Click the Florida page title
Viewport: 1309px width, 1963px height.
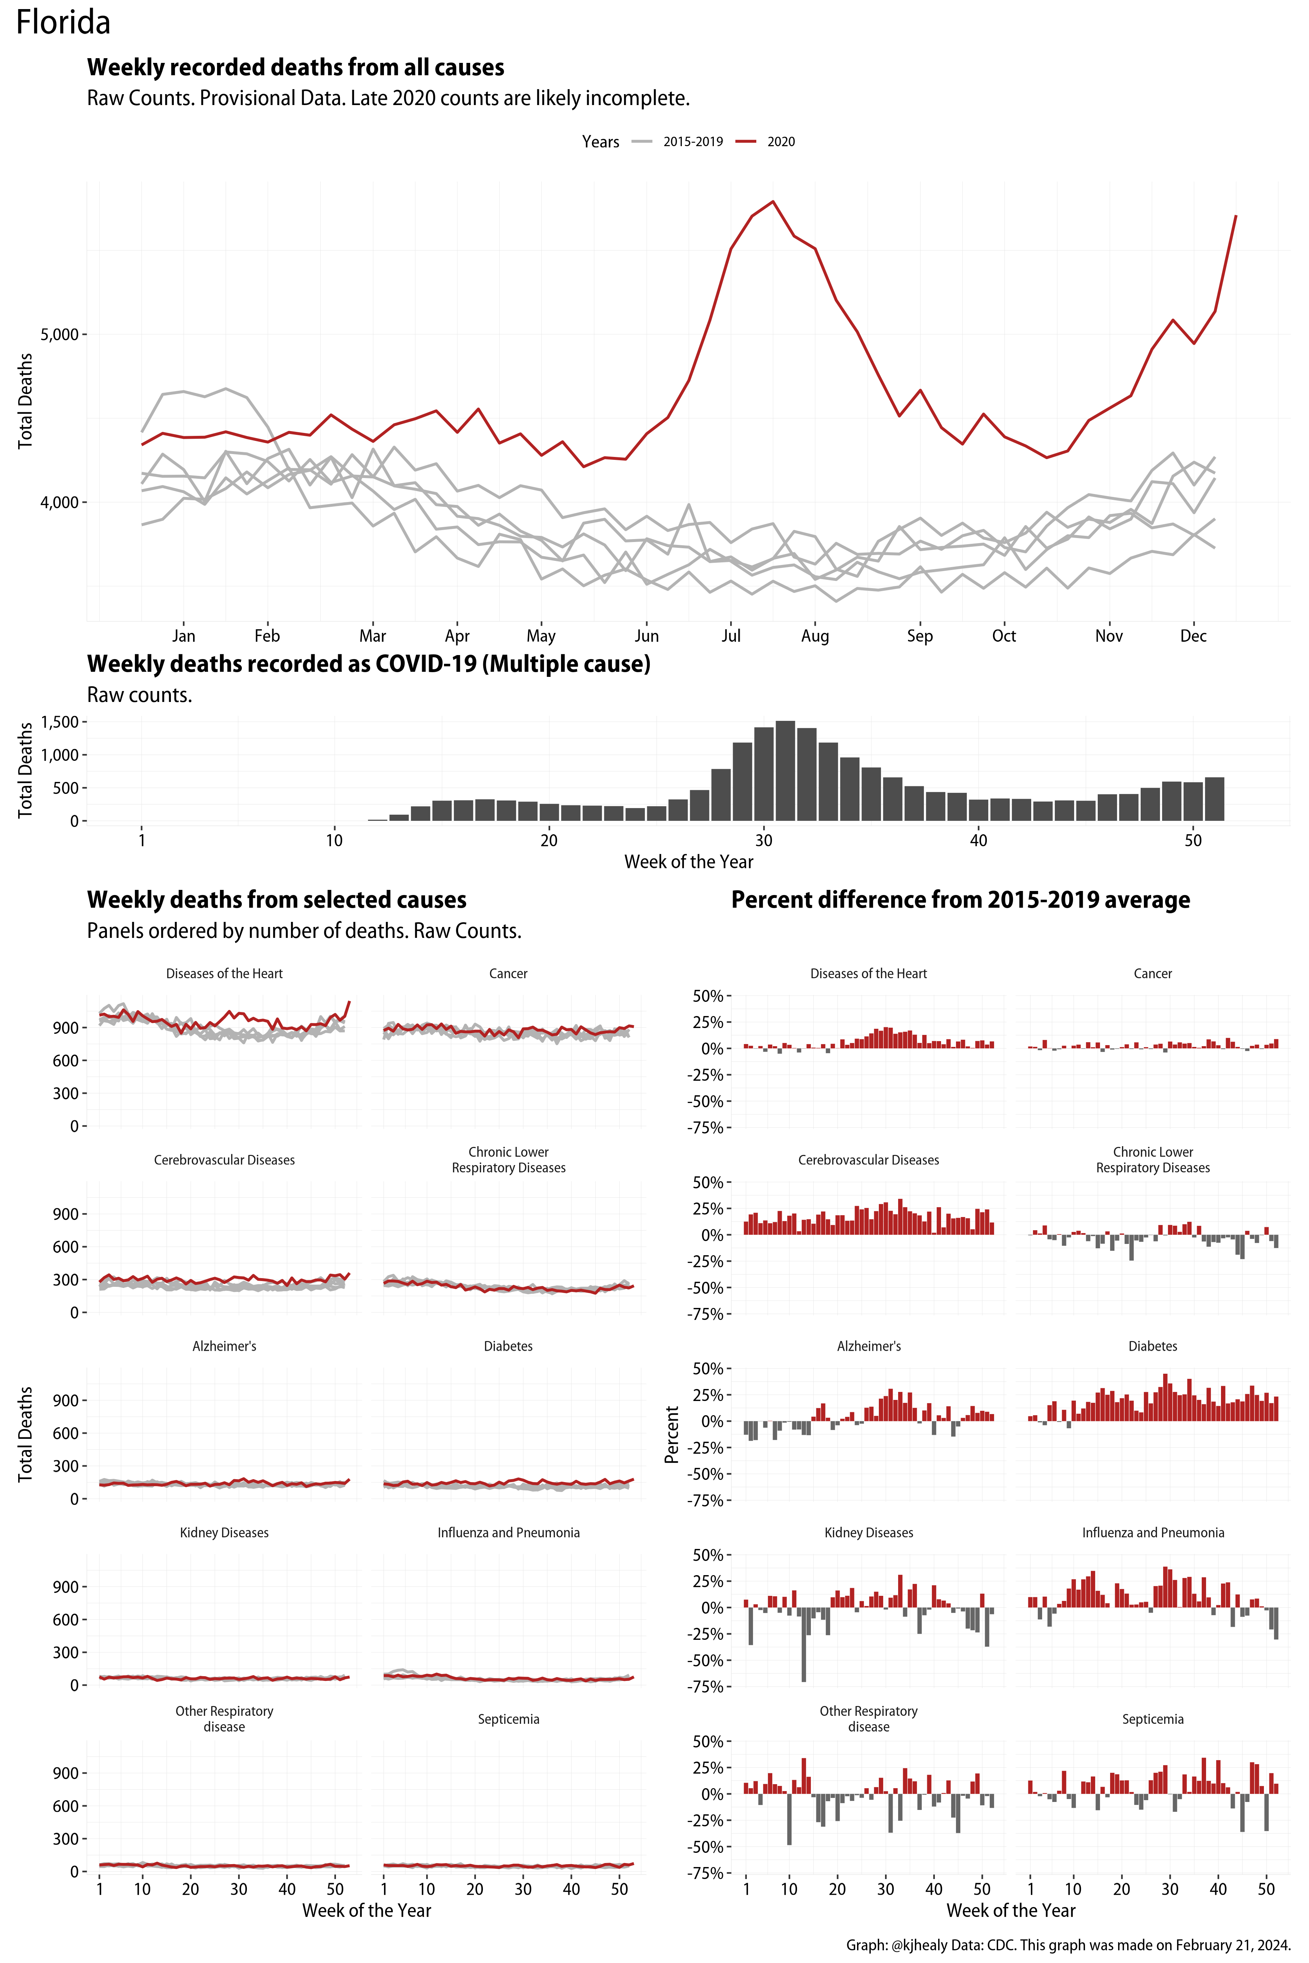coord(63,23)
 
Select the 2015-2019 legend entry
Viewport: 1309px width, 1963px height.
coord(692,142)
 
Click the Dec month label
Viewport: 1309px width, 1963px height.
coord(1193,636)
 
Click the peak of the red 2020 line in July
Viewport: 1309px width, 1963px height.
coord(773,201)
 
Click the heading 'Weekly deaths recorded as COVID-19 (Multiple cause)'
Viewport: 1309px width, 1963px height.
coord(368,665)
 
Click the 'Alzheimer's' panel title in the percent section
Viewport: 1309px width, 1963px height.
coord(868,1346)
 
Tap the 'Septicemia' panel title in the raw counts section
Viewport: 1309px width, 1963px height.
coord(508,1719)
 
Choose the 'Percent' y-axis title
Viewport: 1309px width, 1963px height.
coord(671,1435)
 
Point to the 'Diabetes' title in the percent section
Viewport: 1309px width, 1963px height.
coord(1152,1346)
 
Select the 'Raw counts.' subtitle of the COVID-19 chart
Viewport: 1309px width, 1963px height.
coord(139,695)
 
